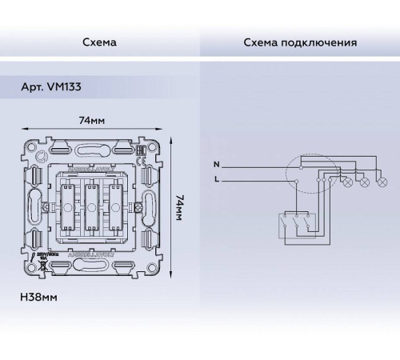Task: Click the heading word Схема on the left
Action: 100,42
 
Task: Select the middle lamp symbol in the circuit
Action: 365,183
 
